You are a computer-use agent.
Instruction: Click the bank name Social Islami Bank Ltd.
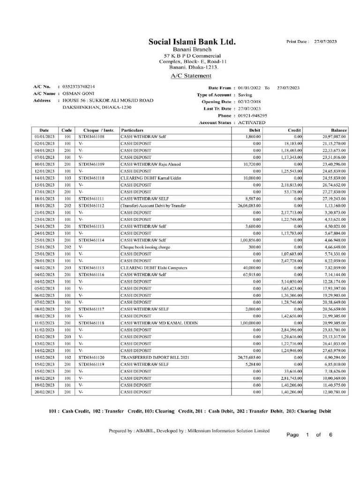192,42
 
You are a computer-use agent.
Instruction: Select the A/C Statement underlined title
191,76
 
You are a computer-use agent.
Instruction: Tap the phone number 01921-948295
252,115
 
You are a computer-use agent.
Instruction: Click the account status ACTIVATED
251,122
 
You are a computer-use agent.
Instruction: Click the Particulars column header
132,130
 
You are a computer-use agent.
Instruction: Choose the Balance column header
338,130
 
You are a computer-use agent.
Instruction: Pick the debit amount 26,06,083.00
249,206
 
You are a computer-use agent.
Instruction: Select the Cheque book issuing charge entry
145,247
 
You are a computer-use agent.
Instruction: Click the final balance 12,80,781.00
334,392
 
